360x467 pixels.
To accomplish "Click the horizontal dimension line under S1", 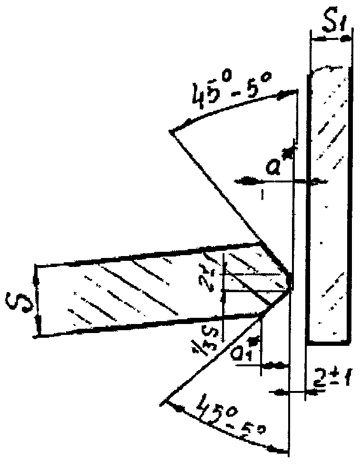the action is coord(331,39).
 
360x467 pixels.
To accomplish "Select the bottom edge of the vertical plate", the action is coord(329,342).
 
